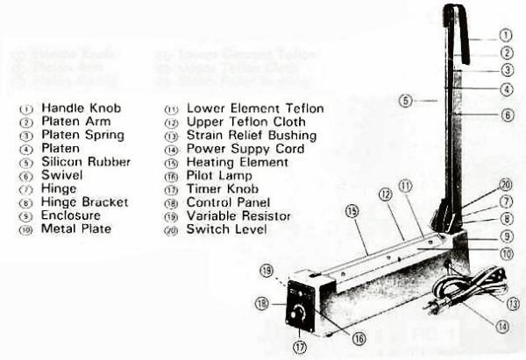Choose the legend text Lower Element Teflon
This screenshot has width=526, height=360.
tap(255, 109)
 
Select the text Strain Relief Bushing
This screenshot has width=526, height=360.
tap(252, 136)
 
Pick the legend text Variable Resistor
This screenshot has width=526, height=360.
tap(239, 215)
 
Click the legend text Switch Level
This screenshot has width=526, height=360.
tap(226, 229)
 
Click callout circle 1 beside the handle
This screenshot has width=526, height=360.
tap(505, 36)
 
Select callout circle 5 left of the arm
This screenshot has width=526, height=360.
tap(405, 101)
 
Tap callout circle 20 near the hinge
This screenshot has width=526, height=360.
tap(505, 185)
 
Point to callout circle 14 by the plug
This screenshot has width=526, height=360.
tap(502, 327)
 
